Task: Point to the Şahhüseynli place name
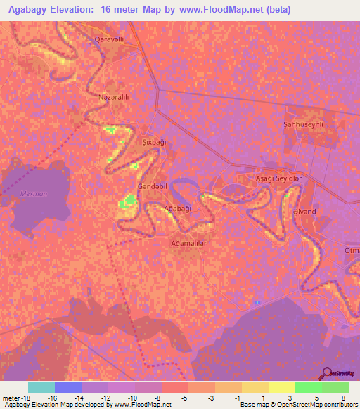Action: pyautogui.click(x=303, y=124)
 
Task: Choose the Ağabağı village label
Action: pyautogui.click(x=177, y=209)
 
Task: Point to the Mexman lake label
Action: pyautogui.click(x=33, y=193)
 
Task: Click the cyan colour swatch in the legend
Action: pyautogui.click(x=41, y=387)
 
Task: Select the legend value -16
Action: pyautogui.click(x=51, y=398)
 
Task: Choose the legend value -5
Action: pyautogui.click(x=184, y=398)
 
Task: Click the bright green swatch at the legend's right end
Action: pyautogui.click(x=335, y=387)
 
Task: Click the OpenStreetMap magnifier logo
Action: pyautogui.click(x=328, y=372)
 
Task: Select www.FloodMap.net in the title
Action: pyautogui.click(x=221, y=9)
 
